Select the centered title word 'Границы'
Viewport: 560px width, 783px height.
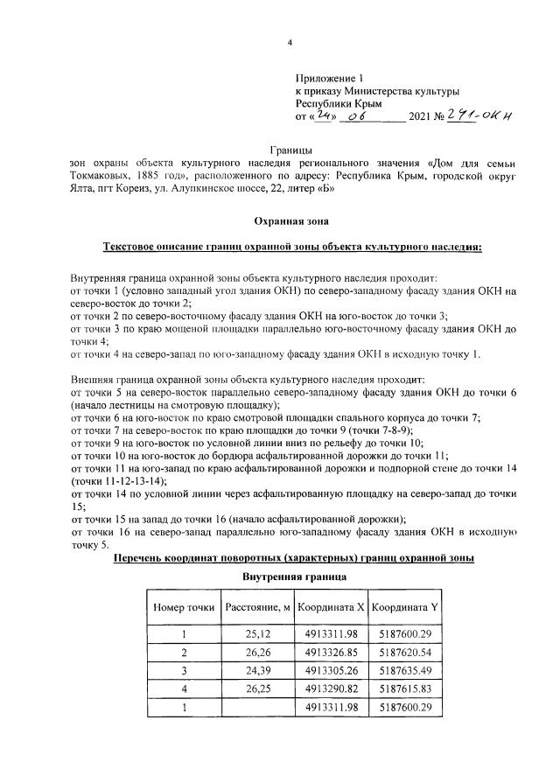coord(290,150)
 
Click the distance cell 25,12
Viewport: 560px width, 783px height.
coord(257,634)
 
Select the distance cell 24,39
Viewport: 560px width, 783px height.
coord(257,671)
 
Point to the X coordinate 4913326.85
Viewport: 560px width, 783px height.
coord(330,653)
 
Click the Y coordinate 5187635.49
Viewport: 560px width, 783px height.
coord(403,671)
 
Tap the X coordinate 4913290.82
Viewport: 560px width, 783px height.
coord(330,689)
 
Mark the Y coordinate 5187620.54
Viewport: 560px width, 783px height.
coord(403,653)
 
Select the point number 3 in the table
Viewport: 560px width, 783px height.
coord(184,671)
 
